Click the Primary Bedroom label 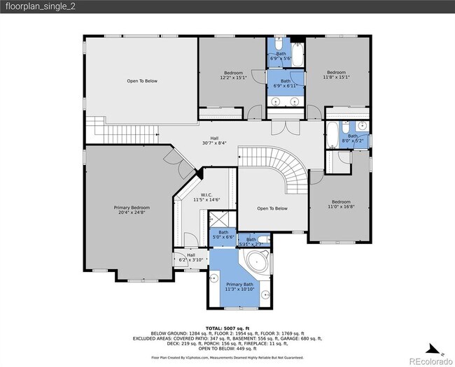click(132, 210)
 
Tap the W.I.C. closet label click(202, 197)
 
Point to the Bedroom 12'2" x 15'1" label click(233, 75)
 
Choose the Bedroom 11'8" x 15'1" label click(336, 75)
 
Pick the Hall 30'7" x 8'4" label click(214, 141)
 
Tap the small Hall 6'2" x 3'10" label click(190, 257)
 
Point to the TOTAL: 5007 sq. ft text click(227, 328)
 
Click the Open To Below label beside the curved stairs click(272, 208)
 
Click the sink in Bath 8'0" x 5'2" click(363, 127)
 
